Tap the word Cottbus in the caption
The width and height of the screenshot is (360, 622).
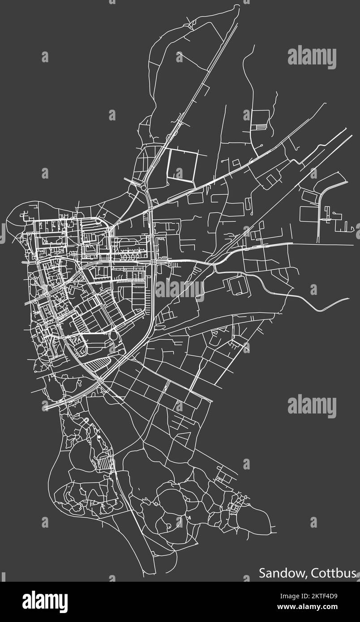[334, 573]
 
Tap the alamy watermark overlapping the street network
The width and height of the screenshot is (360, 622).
[180, 289]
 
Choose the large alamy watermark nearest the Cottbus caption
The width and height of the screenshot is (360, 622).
[312, 406]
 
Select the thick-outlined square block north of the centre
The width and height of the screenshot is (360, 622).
[182, 165]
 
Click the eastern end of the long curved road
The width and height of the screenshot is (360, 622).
[348, 298]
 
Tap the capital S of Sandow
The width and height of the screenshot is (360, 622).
[262, 573]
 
